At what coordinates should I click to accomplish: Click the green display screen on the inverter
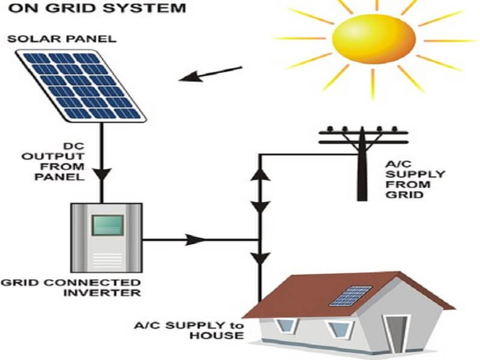coord(107,226)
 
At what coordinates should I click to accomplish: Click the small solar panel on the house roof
coord(349,295)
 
